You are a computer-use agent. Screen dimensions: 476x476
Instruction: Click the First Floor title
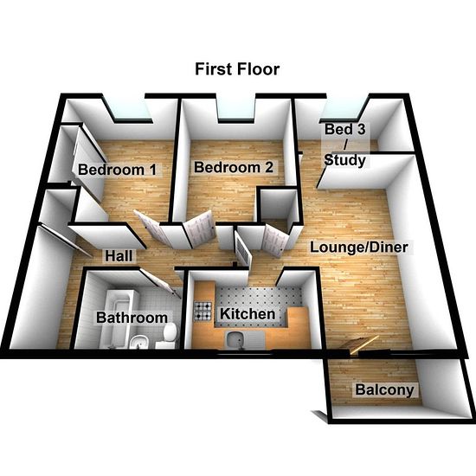pyautogui.click(x=237, y=69)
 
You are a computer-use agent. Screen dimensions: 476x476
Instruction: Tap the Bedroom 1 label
pyautogui.click(x=117, y=170)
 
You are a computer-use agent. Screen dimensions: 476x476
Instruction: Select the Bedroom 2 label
pyautogui.click(x=234, y=167)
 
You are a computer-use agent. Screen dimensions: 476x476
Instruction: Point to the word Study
pyautogui.click(x=344, y=160)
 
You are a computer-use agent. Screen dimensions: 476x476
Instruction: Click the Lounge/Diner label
pyautogui.click(x=359, y=248)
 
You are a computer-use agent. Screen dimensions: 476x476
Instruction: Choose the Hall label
pyautogui.click(x=119, y=256)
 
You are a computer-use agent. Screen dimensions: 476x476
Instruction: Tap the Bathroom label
pyautogui.click(x=132, y=318)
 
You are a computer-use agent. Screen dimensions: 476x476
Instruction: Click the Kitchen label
pyautogui.click(x=248, y=313)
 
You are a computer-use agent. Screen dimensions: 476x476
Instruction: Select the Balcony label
pyautogui.click(x=384, y=389)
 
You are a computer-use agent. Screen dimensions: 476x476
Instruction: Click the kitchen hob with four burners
pyautogui.click(x=203, y=312)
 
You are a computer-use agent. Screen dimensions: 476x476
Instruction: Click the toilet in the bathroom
pyautogui.click(x=168, y=336)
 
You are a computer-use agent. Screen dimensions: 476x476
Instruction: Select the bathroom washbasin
pyautogui.click(x=139, y=342)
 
